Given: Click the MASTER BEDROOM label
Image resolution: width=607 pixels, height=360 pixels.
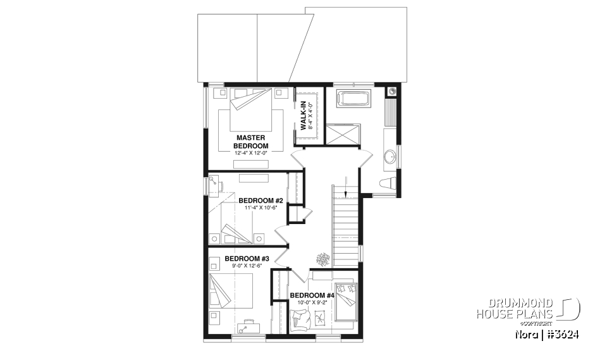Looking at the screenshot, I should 252,141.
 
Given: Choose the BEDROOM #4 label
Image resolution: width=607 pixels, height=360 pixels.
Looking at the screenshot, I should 312,295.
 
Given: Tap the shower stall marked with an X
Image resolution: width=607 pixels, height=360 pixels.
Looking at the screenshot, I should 341,134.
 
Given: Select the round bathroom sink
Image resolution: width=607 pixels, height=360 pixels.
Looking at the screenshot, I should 391,156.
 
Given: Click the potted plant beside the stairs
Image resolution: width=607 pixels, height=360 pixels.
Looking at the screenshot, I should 323,259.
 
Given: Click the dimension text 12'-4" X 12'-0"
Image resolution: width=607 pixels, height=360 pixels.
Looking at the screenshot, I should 251,152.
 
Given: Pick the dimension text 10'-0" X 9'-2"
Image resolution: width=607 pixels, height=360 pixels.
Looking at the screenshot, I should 312,303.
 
